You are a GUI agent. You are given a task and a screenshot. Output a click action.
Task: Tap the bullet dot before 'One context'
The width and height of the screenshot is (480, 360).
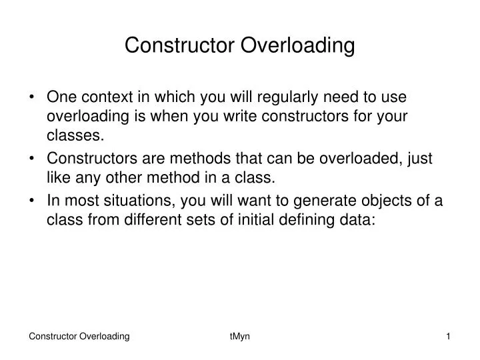pos(33,97)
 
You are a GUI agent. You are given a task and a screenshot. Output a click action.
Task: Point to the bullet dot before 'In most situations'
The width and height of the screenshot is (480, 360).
pos(33,202)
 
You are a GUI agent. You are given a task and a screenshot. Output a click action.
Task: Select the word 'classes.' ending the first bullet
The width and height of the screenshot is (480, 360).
pos(75,137)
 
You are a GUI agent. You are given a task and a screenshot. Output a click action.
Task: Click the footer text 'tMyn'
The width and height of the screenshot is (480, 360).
pos(239,338)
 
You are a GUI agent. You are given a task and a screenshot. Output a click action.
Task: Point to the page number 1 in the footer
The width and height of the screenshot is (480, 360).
pos(448,338)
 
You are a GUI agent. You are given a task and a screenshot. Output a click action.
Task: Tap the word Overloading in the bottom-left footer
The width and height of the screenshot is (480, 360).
pos(105,338)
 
